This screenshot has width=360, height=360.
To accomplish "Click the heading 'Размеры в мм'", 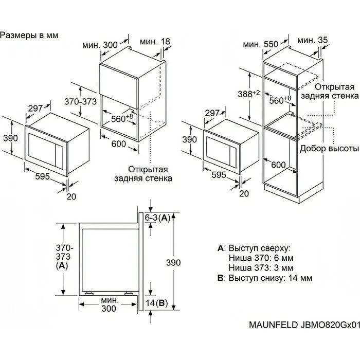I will click(x=29, y=35).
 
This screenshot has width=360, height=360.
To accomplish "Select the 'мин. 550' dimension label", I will click(x=261, y=44).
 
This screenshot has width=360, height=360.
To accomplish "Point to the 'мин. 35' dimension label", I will click(x=313, y=40).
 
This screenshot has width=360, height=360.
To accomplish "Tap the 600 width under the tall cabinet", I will click(x=278, y=165).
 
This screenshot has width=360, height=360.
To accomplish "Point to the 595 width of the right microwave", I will click(x=219, y=175).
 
